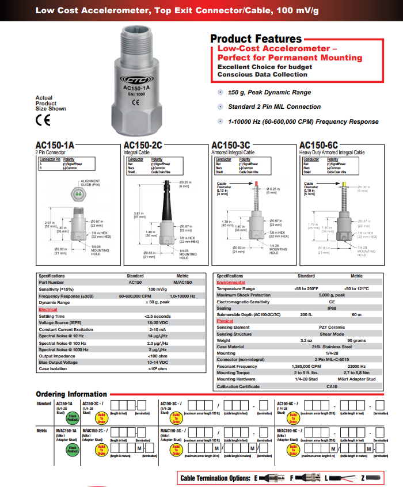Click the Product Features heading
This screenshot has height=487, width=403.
pos(256,39)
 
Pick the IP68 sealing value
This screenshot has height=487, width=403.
pos(332,308)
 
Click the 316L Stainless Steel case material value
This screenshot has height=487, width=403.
pos(332,347)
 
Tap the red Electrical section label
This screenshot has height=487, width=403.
pos(48,309)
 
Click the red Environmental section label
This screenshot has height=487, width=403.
pos(230,282)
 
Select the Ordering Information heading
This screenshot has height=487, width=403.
pos(71,394)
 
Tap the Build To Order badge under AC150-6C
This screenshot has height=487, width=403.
pos(293,416)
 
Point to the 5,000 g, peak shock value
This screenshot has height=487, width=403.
pos(332,295)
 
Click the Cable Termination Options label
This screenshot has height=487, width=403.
pos(216,478)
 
